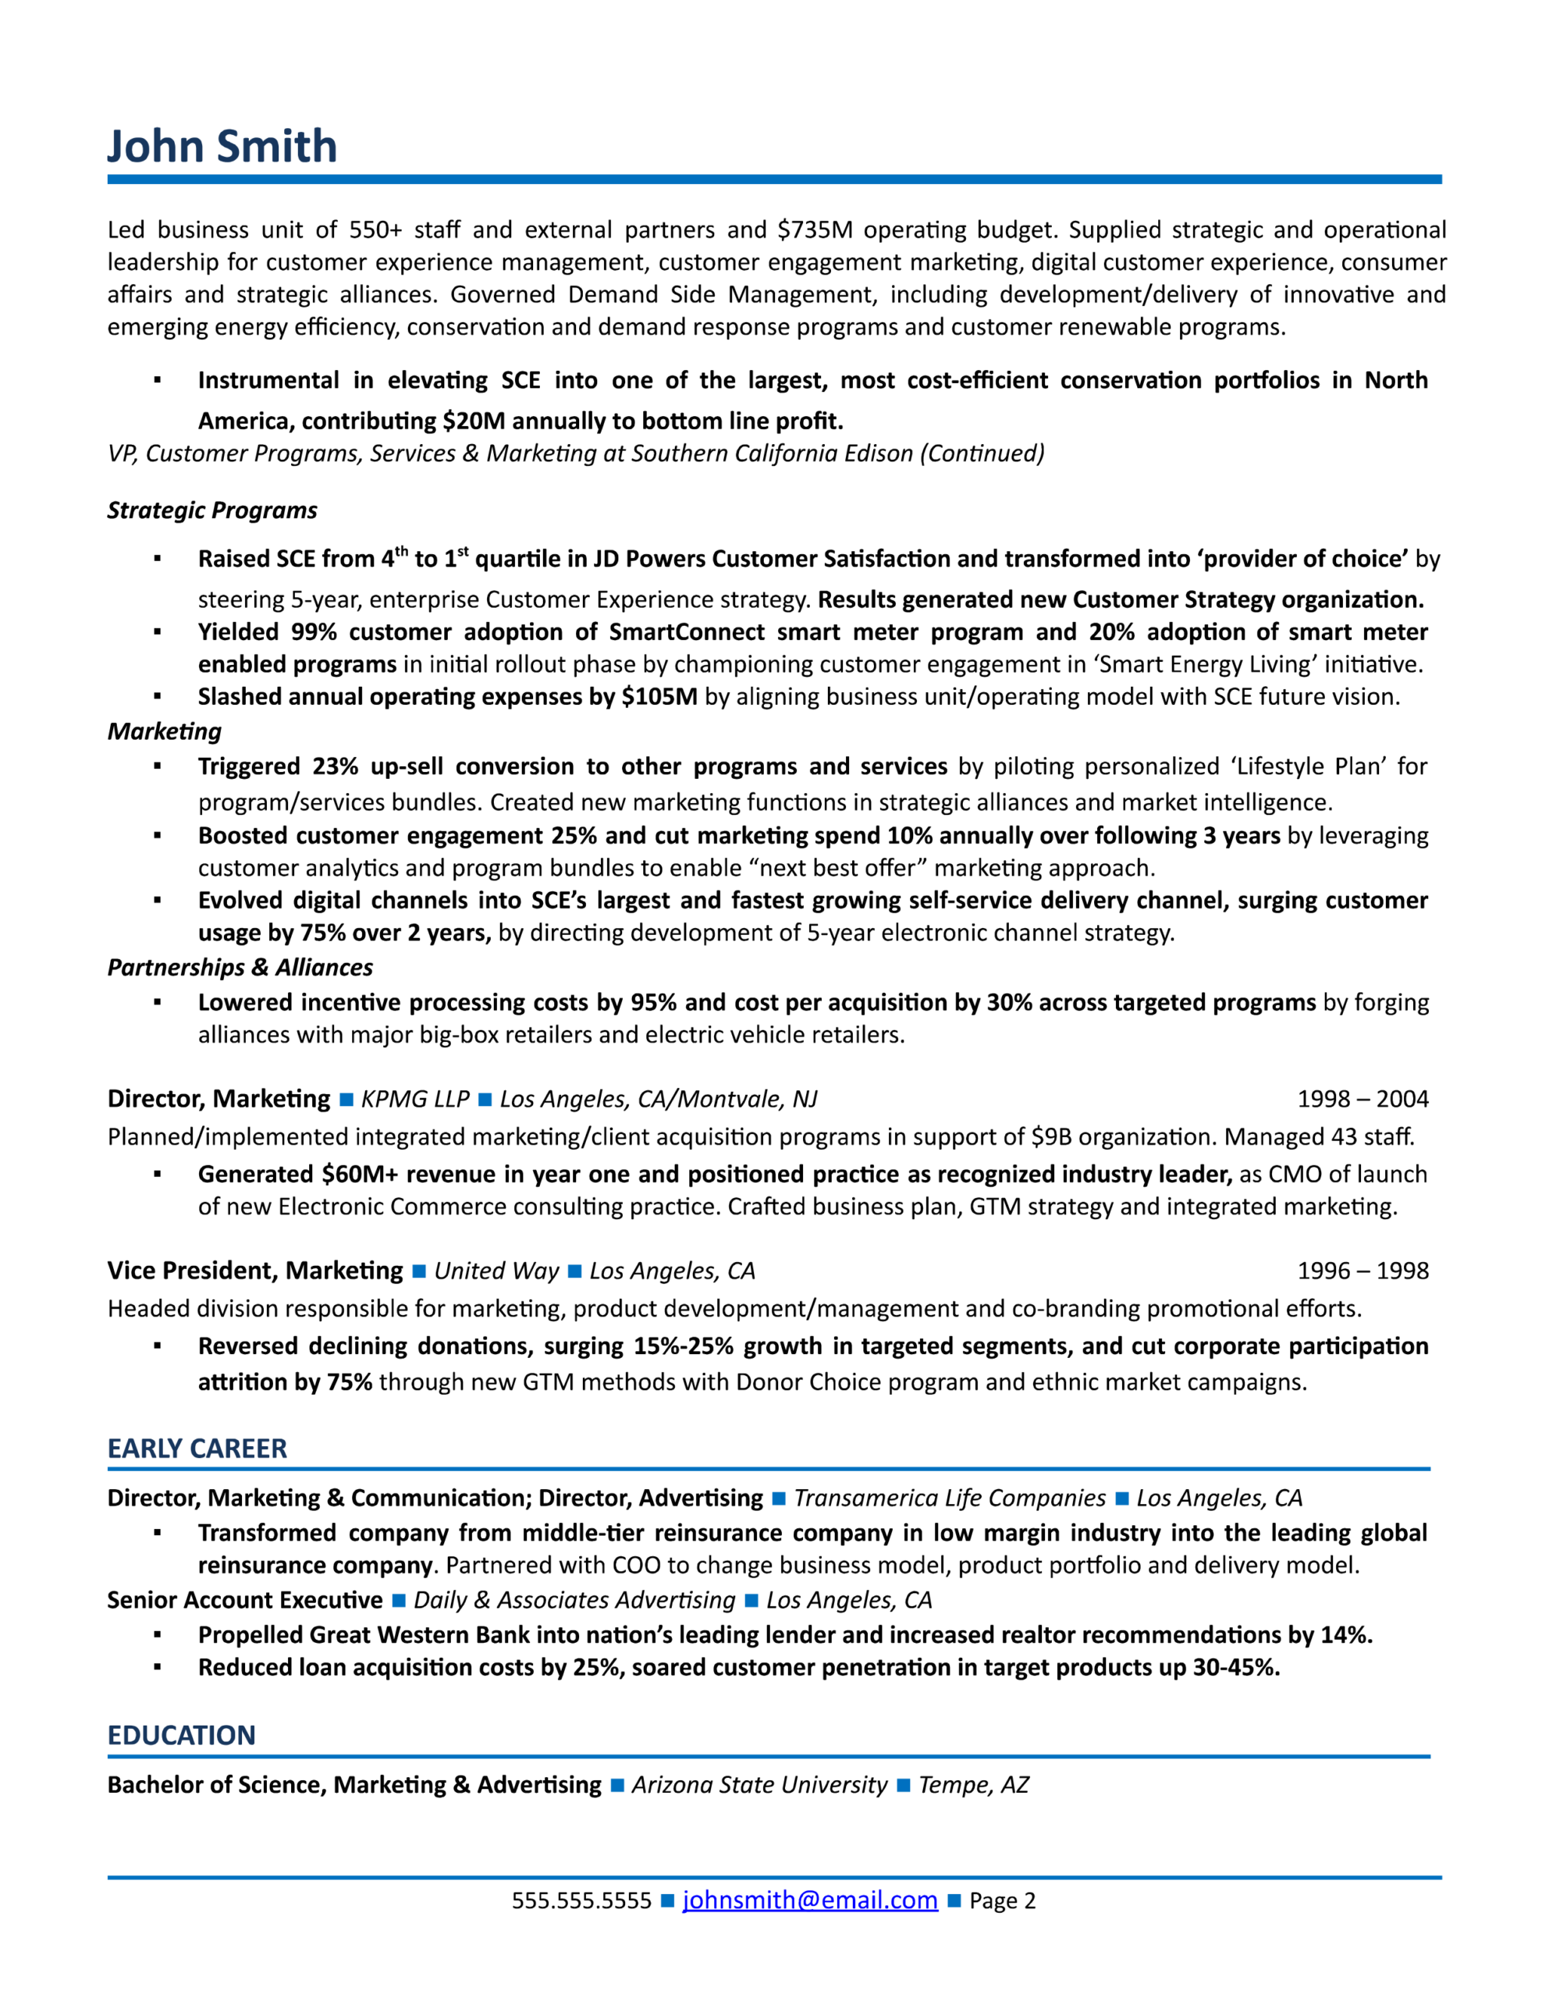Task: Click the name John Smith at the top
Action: click(222, 147)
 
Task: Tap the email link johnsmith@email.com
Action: click(809, 1900)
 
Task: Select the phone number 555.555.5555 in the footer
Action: click(581, 1901)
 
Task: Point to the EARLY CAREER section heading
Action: click(197, 1449)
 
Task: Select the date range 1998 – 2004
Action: click(1362, 1099)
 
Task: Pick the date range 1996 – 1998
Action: click(1362, 1271)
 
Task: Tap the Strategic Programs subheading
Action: click(212, 510)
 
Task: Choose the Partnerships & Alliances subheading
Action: click(240, 967)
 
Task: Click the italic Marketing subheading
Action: click(165, 731)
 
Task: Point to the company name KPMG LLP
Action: click(414, 1099)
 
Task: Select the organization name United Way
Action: click(496, 1271)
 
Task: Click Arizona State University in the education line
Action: click(759, 1785)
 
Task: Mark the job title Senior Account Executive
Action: click(244, 1600)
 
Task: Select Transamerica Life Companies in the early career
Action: click(950, 1498)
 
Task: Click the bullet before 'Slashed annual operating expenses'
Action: click(158, 697)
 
